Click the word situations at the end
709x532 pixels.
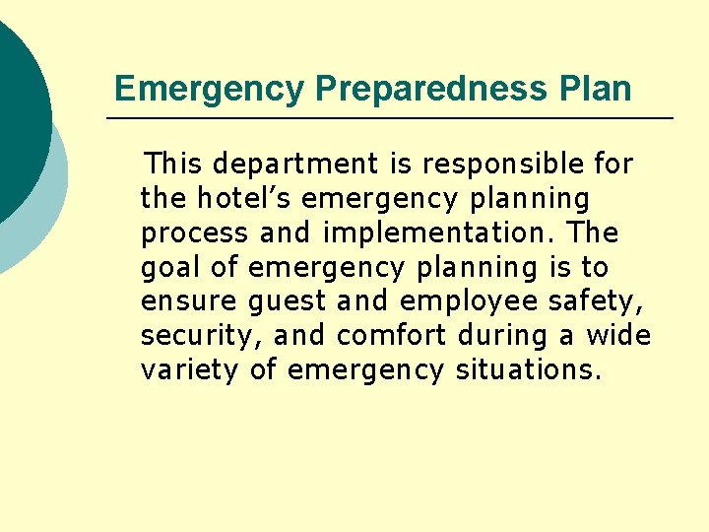tap(528, 370)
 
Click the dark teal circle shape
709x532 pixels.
tap(15, 108)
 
